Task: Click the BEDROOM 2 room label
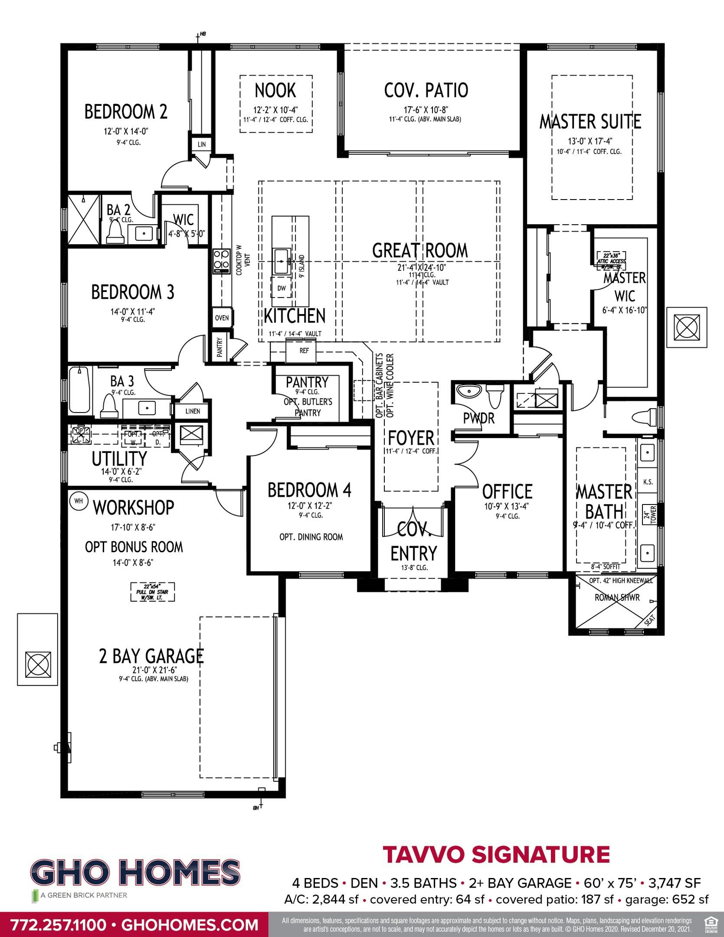pyautogui.click(x=126, y=111)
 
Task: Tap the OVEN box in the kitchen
pyautogui.click(x=222, y=318)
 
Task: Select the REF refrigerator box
pyautogui.click(x=304, y=351)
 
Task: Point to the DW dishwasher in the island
pyautogui.click(x=281, y=288)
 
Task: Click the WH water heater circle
pyautogui.click(x=79, y=501)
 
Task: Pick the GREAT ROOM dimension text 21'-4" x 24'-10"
pyautogui.click(x=420, y=268)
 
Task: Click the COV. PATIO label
pyautogui.click(x=426, y=90)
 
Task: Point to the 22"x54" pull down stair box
pyautogui.click(x=153, y=592)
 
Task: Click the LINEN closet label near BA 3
pyautogui.click(x=193, y=411)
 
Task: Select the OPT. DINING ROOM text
pyautogui.click(x=311, y=537)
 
